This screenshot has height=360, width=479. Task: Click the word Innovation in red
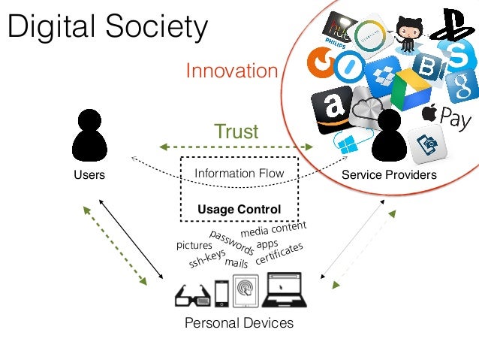pyautogui.click(x=231, y=71)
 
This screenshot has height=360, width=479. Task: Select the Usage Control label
pyautogui.click(x=239, y=209)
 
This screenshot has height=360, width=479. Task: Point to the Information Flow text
pyautogui.click(x=239, y=174)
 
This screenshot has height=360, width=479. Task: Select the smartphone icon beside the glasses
pyautogui.click(x=221, y=293)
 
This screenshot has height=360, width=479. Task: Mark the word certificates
pyautogui.click(x=279, y=253)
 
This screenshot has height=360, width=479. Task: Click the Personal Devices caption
pyautogui.click(x=239, y=323)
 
